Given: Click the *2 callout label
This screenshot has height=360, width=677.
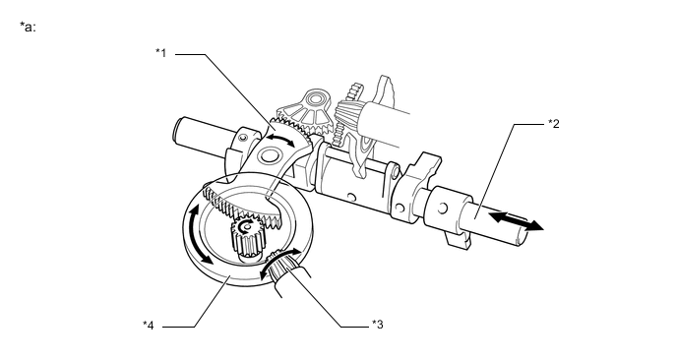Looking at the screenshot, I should point(553,125).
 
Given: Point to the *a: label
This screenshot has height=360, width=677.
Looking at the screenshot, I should point(28,26).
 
